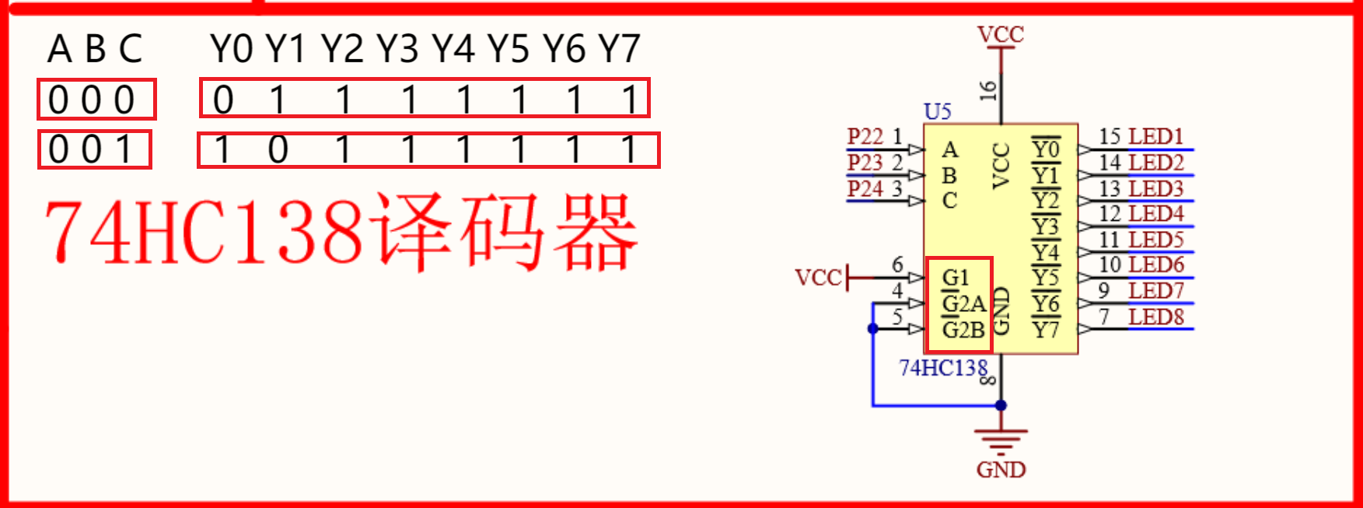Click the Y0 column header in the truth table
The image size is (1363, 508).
point(231,49)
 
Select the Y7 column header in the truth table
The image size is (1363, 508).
point(619,49)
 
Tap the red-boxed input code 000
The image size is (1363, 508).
point(96,100)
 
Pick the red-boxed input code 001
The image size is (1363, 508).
point(94,150)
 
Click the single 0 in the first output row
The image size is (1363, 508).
point(223,100)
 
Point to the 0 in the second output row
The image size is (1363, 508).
point(278,149)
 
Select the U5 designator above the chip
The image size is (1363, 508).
point(937,112)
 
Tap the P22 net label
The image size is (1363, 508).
point(865,136)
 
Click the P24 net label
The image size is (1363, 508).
point(865,189)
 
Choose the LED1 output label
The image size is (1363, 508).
point(1156,137)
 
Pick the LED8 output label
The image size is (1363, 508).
point(1156,317)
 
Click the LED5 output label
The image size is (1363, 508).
point(1156,240)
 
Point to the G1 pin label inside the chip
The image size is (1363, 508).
point(956,278)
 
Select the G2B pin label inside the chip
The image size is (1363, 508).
point(963,330)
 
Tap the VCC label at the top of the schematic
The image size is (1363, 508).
point(1001,34)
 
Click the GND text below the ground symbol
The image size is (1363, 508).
point(1001,470)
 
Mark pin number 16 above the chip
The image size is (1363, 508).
point(987,90)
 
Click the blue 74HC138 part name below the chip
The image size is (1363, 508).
point(942,368)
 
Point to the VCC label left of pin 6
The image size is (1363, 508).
point(818,278)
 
